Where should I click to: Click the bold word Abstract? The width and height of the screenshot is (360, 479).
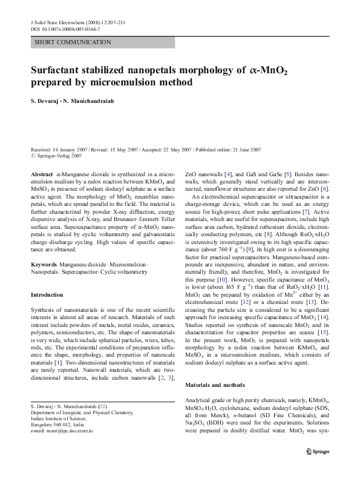click(40, 173)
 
